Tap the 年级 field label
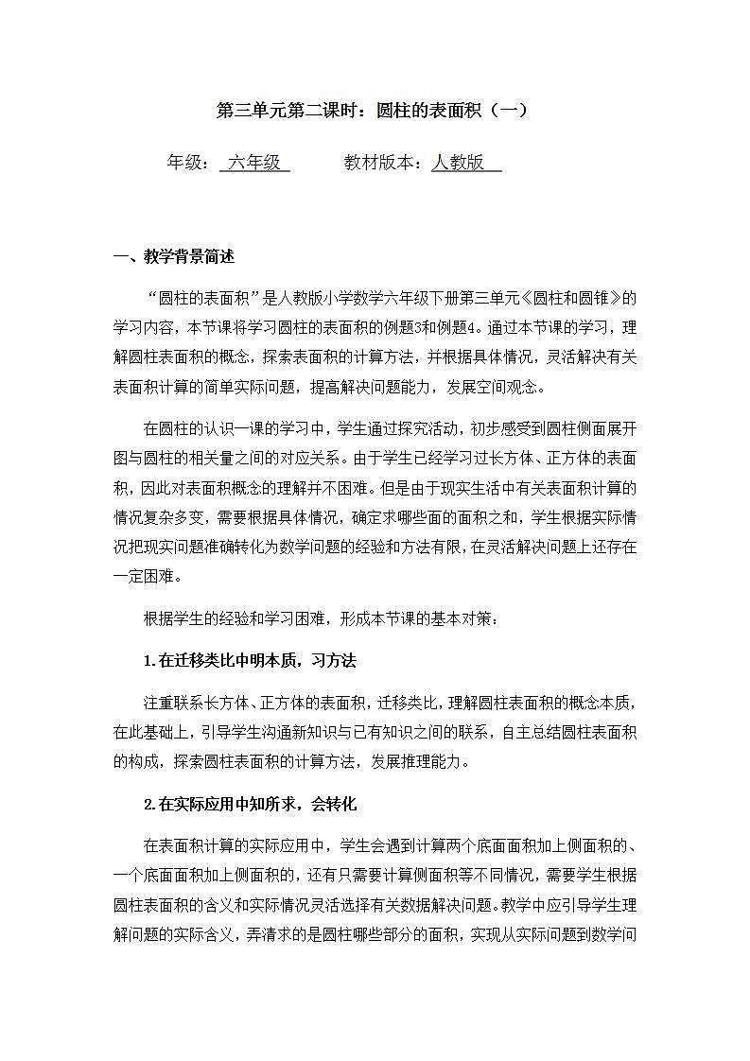click(x=187, y=163)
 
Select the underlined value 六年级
click(x=254, y=163)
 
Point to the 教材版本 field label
click(x=382, y=163)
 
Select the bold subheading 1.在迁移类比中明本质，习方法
click(x=250, y=661)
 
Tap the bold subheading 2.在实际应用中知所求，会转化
click(x=250, y=805)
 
